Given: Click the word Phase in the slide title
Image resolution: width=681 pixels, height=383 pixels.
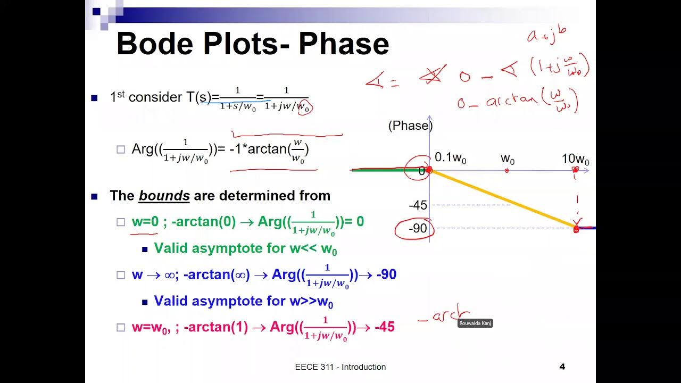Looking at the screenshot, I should click(344, 44).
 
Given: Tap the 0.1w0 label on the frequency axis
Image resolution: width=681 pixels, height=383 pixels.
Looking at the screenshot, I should click(450, 158).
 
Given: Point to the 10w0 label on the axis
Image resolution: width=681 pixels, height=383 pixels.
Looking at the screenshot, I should click(575, 160).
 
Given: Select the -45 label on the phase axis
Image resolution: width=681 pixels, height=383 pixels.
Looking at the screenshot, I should click(418, 205).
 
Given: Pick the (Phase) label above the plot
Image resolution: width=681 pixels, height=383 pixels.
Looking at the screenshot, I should click(410, 126).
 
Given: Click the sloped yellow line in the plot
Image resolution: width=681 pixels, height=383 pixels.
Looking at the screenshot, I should click(503, 199).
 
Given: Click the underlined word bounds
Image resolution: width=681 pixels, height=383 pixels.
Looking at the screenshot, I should click(164, 196).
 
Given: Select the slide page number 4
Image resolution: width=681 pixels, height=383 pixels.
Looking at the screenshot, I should click(562, 367).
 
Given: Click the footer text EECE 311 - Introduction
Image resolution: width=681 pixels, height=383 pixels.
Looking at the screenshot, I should click(340, 367).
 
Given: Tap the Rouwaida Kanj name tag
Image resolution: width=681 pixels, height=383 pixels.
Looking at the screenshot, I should click(475, 323).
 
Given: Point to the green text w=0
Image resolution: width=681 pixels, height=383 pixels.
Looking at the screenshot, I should click(145, 222).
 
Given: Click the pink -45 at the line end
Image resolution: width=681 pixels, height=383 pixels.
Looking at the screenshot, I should click(384, 327).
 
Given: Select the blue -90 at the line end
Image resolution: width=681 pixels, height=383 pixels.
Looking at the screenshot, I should click(385, 275).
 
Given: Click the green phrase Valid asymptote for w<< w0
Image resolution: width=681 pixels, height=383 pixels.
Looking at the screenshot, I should click(245, 248).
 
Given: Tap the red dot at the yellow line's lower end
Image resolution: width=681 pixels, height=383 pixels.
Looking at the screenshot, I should click(576, 228).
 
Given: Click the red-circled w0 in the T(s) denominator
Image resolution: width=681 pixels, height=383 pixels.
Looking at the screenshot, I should click(304, 108).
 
